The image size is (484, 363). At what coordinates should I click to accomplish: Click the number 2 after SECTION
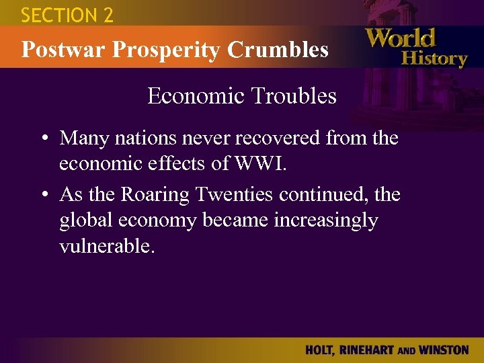(107, 15)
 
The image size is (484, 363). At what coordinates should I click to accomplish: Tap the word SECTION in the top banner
(58, 15)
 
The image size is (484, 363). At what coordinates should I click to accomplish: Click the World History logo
(415, 47)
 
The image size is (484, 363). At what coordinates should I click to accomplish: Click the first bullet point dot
(44, 139)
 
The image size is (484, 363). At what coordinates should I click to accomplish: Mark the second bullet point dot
(44, 196)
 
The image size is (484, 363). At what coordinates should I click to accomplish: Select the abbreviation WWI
(268, 164)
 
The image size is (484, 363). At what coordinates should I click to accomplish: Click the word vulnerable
(107, 247)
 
